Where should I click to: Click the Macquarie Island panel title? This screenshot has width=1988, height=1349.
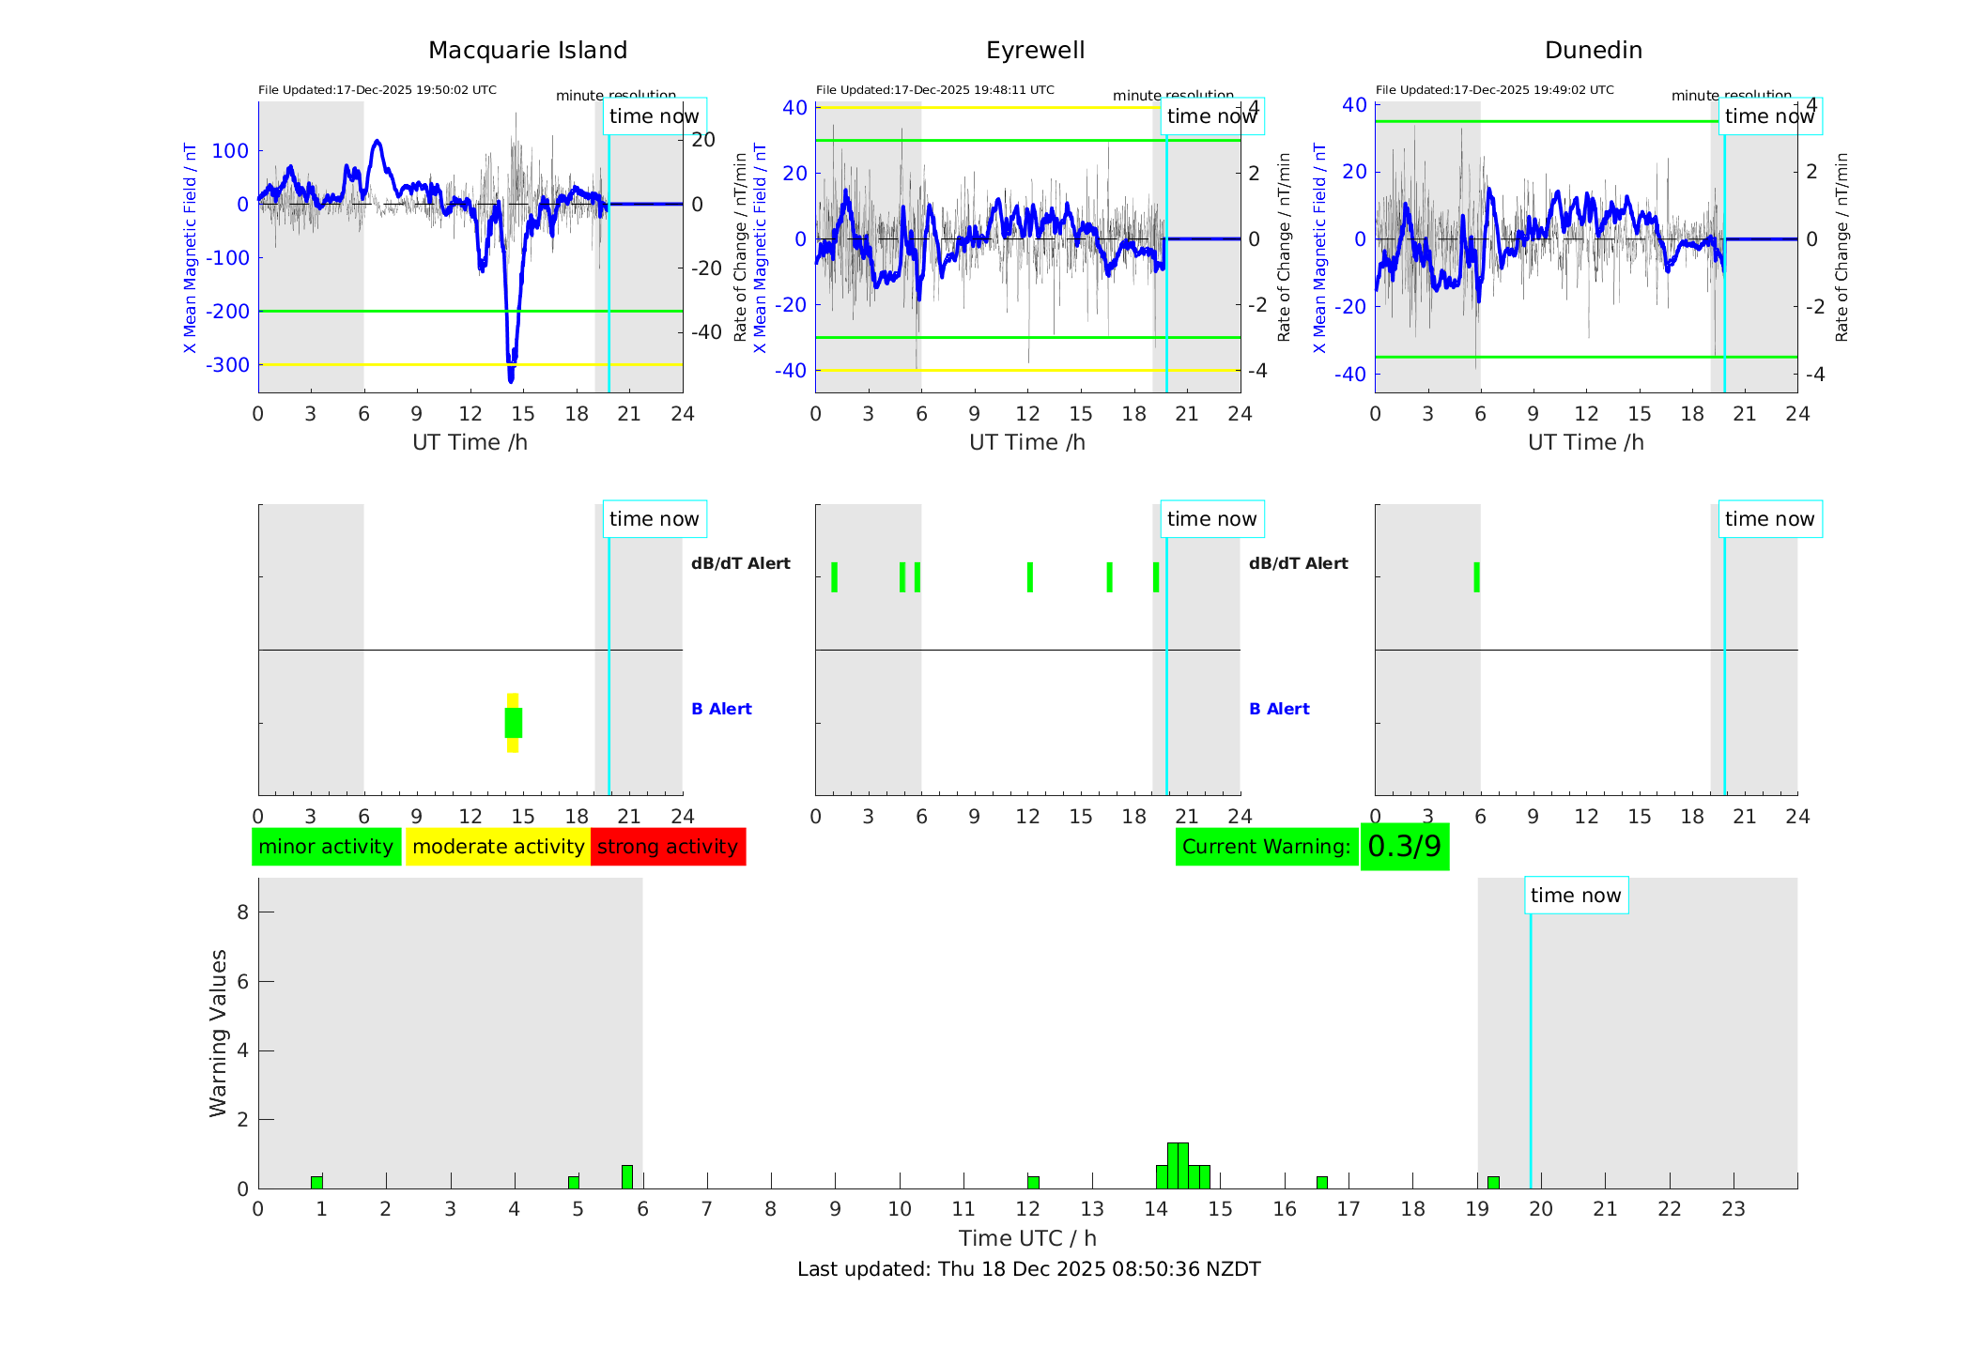coord(527,51)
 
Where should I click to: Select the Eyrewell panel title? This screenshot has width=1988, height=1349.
coord(1035,51)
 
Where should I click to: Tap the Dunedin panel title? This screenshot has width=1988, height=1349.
coord(1593,51)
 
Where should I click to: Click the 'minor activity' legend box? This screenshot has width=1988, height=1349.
coord(326,847)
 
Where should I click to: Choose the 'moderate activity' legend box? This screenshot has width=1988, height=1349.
coord(498,847)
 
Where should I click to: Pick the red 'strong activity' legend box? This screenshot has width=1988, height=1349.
coord(668,847)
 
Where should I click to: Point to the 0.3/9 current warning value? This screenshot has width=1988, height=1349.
coord(1404,847)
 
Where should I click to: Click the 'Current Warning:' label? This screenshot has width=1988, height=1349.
coord(1266,847)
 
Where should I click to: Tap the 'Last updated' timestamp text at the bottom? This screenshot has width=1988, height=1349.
coord(1028,1269)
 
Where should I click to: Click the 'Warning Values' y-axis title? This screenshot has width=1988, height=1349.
coord(219,1033)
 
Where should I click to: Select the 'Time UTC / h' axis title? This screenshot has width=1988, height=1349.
coord(1027,1238)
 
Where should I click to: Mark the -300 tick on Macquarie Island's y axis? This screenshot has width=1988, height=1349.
coord(228,365)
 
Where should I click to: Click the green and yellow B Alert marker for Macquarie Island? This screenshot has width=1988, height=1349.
coord(513,723)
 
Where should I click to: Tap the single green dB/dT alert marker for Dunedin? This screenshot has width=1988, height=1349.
coord(1476,577)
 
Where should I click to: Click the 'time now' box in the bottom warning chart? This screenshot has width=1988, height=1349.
coord(1576,896)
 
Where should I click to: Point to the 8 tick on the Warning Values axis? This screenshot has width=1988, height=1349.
coord(243,912)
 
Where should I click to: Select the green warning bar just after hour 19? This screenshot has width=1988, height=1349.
coord(1493,1182)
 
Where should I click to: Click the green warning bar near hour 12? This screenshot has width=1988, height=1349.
coord(1033,1182)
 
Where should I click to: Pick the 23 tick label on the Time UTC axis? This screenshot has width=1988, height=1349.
coord(1733,1209)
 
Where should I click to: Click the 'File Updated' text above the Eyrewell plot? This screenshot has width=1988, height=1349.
coord(934,90)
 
